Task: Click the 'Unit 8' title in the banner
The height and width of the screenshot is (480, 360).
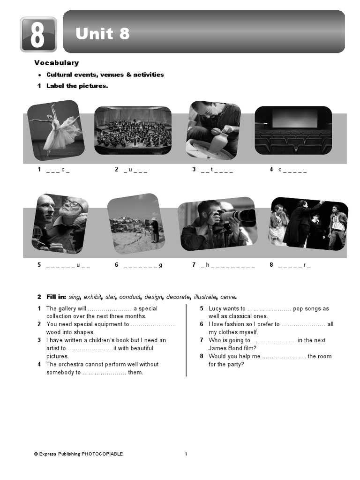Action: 103,34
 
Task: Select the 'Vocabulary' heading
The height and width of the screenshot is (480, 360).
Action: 56,63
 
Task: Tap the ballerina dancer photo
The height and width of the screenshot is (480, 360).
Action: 55,130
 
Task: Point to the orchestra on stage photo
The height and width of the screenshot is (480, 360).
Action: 133,130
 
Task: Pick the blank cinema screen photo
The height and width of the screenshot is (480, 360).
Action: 293,130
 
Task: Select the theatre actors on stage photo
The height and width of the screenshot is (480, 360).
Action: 308,224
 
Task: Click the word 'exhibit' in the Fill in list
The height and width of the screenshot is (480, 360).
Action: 92,297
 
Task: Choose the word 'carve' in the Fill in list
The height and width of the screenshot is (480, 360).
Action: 227,297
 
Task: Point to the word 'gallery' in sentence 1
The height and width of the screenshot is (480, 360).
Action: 67,308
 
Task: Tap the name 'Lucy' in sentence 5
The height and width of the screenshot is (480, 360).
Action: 215,308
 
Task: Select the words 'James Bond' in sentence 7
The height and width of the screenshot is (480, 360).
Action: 228,348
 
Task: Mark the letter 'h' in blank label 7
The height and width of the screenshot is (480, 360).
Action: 207,265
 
